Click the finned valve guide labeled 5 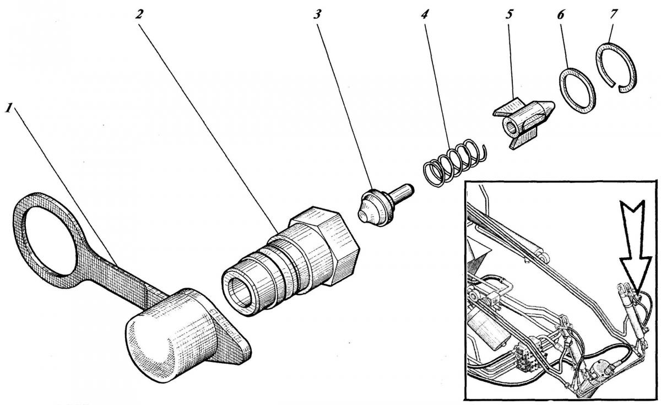521,122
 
